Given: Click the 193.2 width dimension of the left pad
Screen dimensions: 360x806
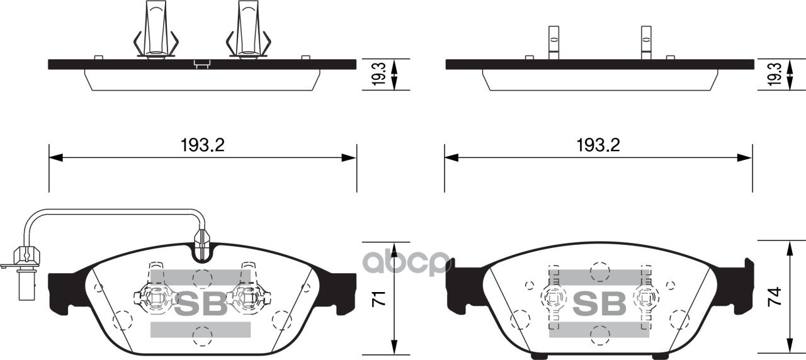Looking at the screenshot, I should click(202, 145).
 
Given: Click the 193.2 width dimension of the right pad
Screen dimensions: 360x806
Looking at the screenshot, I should click(598, 145).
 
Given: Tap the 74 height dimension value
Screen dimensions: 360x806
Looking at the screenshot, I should click(776, 296).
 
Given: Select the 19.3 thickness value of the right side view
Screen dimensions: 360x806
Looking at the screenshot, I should click(776, 75).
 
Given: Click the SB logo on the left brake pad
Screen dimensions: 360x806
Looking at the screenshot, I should click(200, 305).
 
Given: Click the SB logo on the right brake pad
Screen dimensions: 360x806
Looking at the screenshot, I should click(598, 305).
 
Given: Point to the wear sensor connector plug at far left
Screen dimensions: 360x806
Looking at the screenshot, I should click(24, 258).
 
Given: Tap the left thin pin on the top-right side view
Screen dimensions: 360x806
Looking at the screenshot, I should click(553, 43).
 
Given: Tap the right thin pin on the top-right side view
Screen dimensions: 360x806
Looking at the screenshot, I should click(645, 43).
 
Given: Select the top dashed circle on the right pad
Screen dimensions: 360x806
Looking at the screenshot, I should click(599, 271).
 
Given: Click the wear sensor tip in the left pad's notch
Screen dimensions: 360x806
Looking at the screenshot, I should click(203, 242).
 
